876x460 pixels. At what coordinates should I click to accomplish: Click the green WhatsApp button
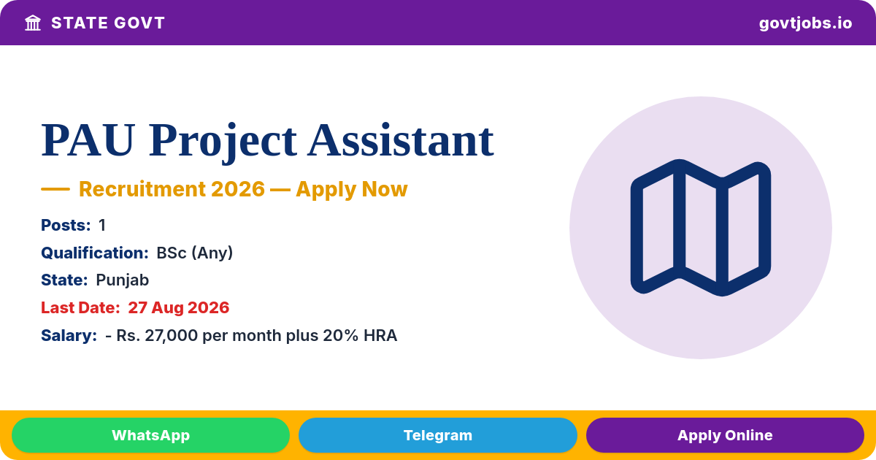tap(150, 435)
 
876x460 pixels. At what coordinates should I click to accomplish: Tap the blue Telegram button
tap(437, 435)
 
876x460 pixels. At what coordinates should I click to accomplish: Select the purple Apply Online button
tap(725, 435)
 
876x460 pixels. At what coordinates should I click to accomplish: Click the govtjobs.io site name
tap(805, 23)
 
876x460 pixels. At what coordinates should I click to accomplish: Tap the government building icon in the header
tap(33, 23)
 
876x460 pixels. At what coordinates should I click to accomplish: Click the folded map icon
tap(700, 228)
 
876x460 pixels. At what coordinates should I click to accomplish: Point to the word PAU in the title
tap(88, 140)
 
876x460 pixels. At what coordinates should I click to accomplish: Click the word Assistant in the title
tap(401, 140)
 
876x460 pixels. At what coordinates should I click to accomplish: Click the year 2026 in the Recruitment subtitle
tap(238, 189)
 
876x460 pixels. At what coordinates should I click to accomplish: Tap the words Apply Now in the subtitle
tap(352, 189)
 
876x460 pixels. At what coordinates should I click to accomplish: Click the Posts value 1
tap(102, 226)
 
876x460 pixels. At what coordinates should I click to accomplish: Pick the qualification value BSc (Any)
tap(194, 253)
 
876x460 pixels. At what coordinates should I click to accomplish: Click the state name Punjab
tap(123, 280)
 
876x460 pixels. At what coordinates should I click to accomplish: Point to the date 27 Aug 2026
tap(178, 308)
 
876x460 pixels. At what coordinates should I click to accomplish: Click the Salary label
tap(69, 336)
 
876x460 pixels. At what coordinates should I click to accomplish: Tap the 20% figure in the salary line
tap(341, 336)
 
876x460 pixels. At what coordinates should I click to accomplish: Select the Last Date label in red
tap(80, 308)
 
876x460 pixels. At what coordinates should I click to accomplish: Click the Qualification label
tap(95, 253)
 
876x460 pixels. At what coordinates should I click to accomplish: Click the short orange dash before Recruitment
tap(55, 189)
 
